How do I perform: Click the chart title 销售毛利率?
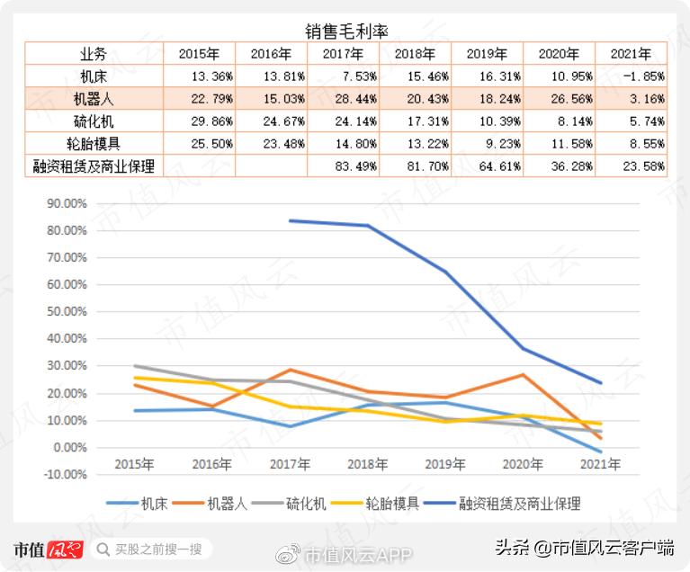345,32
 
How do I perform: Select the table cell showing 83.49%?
343,166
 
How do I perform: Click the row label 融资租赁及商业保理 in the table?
93,166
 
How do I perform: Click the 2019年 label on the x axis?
445,465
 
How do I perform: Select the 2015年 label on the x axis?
134,465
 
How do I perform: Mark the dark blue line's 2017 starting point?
291,220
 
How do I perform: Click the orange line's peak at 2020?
524,375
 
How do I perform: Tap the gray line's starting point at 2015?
134,366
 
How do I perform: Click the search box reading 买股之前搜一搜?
154,549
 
